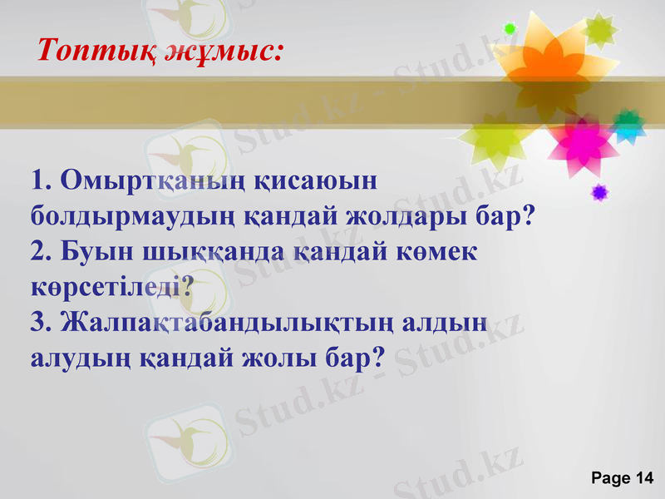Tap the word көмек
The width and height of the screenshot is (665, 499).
click(x=430, y=252)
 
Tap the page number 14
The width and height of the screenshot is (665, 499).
click(x=644, y=477)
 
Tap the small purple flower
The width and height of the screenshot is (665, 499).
click(x=598, y=193)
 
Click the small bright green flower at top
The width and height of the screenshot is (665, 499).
click(x=510, y=29)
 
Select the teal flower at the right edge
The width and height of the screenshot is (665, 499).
click(x=629, y=125)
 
